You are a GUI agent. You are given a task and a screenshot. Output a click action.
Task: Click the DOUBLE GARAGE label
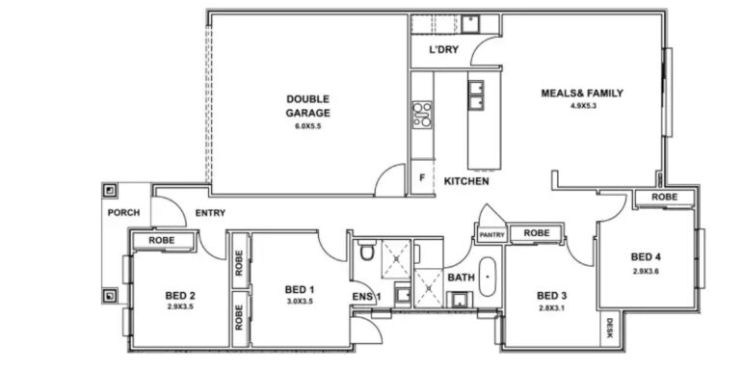[x=307, y=106]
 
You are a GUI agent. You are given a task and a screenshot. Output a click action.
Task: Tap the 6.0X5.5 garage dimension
[x=307, y=126]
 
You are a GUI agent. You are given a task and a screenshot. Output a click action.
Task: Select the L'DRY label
[x=443, y=50]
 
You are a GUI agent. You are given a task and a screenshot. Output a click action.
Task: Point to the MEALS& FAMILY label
[x=582, y=93]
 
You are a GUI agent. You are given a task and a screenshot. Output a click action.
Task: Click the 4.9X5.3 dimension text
[x=583, y=106]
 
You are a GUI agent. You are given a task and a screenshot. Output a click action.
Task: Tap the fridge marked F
[x=422, y=178]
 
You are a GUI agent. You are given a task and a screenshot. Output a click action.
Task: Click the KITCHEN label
[x=466, y=181]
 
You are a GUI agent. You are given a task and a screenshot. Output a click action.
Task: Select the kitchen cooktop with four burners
[x=422, y=115]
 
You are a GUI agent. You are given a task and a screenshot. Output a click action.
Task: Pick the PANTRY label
[x=491, y=235]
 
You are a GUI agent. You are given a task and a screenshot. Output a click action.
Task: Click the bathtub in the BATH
[x=488, y=277]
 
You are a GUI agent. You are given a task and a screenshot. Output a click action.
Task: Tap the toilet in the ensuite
[x=366, y=251]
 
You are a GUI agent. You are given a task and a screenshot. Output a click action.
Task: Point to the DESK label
[x=609, y=328]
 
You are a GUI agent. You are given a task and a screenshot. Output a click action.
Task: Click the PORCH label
[x=123, y=213]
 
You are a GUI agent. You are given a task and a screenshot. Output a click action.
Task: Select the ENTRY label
[x=210, y=213]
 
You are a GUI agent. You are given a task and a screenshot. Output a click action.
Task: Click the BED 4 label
[x=646, y=257]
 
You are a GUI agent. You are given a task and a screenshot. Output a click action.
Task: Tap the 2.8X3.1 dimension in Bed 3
[x=551, y=309]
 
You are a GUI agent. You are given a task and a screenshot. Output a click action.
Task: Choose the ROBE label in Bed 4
[x=664, y=197]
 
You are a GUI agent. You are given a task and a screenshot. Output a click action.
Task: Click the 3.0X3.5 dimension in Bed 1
[x=299, y=302]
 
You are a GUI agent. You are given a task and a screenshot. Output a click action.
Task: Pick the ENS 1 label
[x=366, y=296]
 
